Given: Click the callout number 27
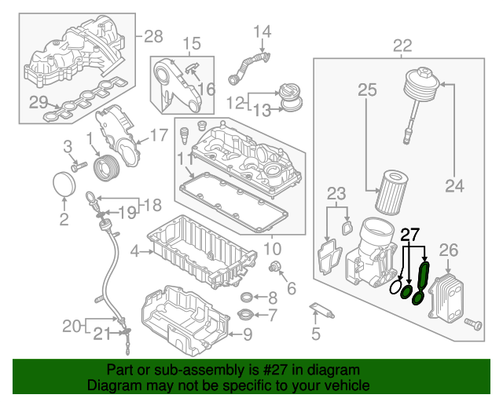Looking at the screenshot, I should pos(410,234).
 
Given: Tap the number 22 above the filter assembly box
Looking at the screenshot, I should pos(402,46).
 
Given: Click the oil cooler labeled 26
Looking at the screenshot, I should pos(443,294).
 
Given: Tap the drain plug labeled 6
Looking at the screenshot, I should pos(276,270).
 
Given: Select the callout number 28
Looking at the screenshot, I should pos(152,36).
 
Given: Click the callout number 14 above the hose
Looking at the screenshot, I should pos(262,32).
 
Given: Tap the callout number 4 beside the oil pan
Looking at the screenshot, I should pos(134,252).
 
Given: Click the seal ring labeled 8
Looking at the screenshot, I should pos(246,297).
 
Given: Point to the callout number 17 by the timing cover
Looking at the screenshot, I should pos(158,135).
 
